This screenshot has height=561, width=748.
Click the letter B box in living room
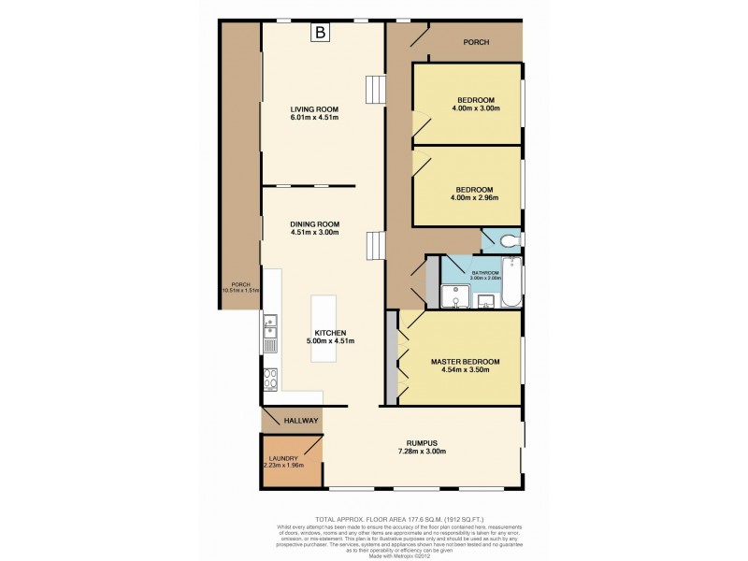pyautogui.click(x=322, y=33)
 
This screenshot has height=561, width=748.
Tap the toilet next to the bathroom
pyautogui.click(x=509, y=240)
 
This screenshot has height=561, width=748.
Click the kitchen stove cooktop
pyautogui.click(x=270, y=379)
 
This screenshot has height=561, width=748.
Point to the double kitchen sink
pyautogui.click(x=270, y=327)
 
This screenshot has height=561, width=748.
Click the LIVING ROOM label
pyautogui.click(x=314, y=108)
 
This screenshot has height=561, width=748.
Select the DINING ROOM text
pyautogui.click(x=314, y=223)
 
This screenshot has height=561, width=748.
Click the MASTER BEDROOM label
pyautogui.click(x=465, y=361)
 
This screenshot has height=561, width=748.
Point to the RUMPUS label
pyautogui.click(x=423, y=442)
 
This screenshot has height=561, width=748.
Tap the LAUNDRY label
pyautogui.click(x=281, y=458)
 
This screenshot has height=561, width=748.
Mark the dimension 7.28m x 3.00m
pyautogui.click(x=423, y=452)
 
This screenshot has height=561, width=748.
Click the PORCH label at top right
pyautogui.click(x=478, y=42)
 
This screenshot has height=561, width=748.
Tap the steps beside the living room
pyautogui.click(x=375, y=89)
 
